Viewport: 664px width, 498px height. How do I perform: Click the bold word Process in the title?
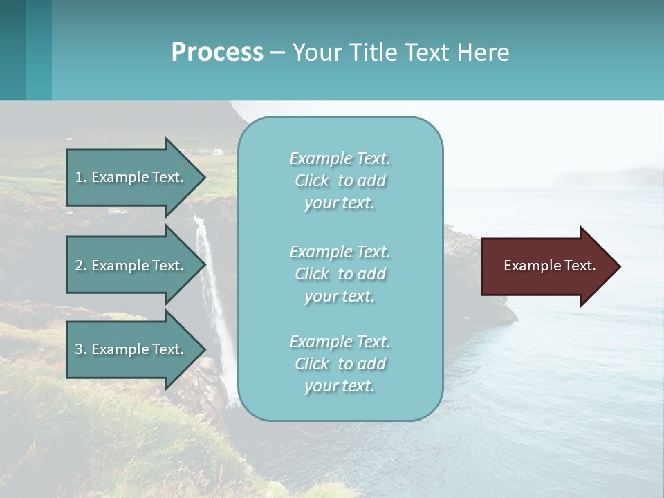point(217,53)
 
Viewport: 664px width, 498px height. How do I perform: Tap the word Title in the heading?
point(374,53)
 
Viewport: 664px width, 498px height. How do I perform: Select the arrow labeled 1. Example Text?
point(131,177)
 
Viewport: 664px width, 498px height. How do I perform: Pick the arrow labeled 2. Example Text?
point(131,266)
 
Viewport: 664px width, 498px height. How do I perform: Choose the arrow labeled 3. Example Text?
point(131,349)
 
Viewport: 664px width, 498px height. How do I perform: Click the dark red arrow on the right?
point(546,266)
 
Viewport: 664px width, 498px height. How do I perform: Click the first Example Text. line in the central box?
point(340,158)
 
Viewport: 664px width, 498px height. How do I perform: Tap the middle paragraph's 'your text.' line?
point(340,296)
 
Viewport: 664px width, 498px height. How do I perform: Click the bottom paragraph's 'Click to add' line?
point(340,364)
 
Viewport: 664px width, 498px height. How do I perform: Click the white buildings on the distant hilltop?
point(207,151)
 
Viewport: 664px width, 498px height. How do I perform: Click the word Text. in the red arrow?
point(580,266)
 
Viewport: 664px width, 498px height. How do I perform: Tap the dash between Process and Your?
point(277,53)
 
